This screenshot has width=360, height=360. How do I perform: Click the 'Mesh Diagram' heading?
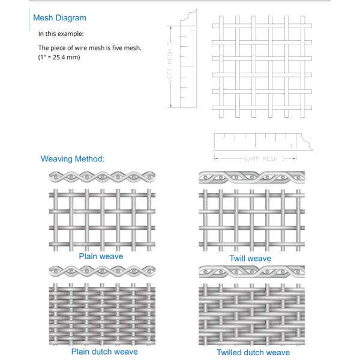point(59,18)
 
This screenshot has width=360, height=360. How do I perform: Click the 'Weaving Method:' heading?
point(73,159)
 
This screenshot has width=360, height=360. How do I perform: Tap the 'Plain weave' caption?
point(101,256)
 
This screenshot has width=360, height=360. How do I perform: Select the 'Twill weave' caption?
point(250,259)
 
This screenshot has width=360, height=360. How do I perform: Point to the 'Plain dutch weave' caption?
point(104,352)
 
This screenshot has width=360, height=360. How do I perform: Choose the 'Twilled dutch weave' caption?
point(253,352)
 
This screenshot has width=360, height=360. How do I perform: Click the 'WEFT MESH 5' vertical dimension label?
point(170,67)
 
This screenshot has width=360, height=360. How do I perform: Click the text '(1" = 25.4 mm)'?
point(59,58)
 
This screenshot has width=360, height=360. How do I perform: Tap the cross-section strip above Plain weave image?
point(101,177)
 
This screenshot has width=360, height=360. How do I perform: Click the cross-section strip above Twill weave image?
point(251,177)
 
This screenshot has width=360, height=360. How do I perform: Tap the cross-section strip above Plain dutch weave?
point(101,271)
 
